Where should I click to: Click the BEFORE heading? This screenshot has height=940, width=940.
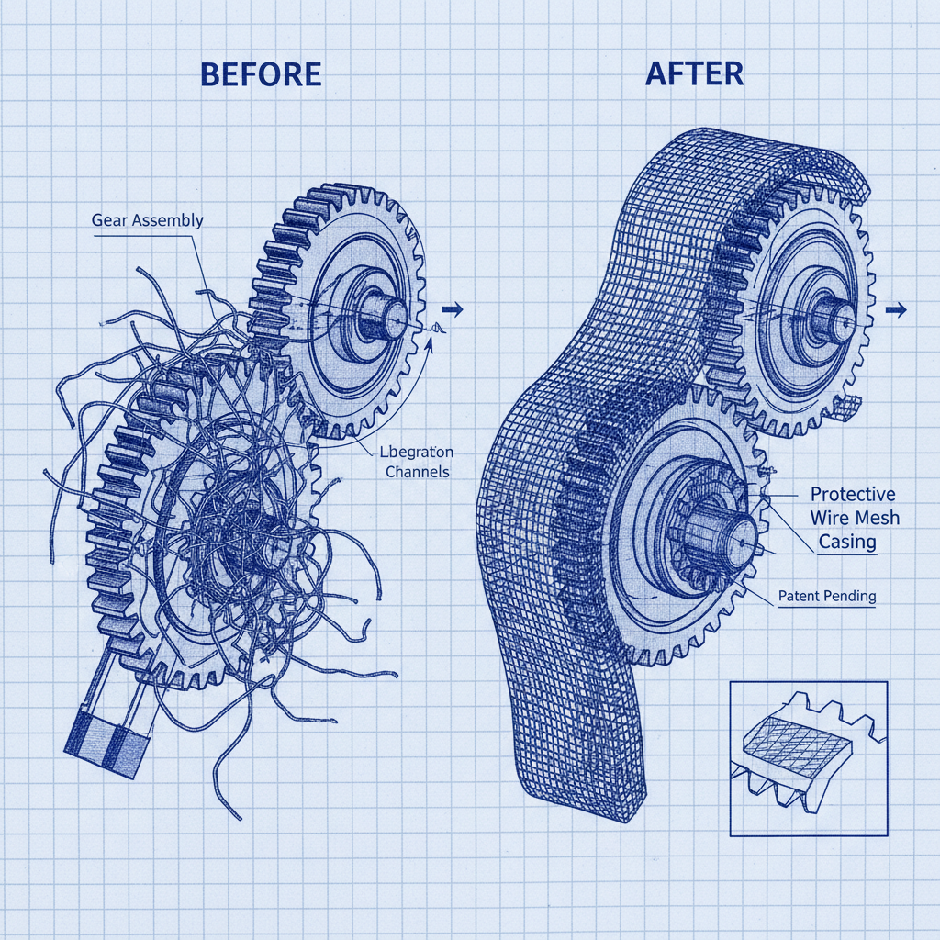(x=261, y=73)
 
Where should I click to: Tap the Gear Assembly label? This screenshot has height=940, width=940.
(x=147, y=220)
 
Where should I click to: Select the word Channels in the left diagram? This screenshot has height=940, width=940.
(x=416, y=473)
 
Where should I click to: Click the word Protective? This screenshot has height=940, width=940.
(x=851, y=493)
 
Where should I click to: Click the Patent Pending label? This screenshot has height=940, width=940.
(x=826, y=596)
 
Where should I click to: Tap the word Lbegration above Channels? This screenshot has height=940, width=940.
(x=415, y=452)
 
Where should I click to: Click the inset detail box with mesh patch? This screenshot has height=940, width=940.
(x=809, y=757)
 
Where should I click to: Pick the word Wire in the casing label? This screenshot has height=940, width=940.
(x=829, y=518)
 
